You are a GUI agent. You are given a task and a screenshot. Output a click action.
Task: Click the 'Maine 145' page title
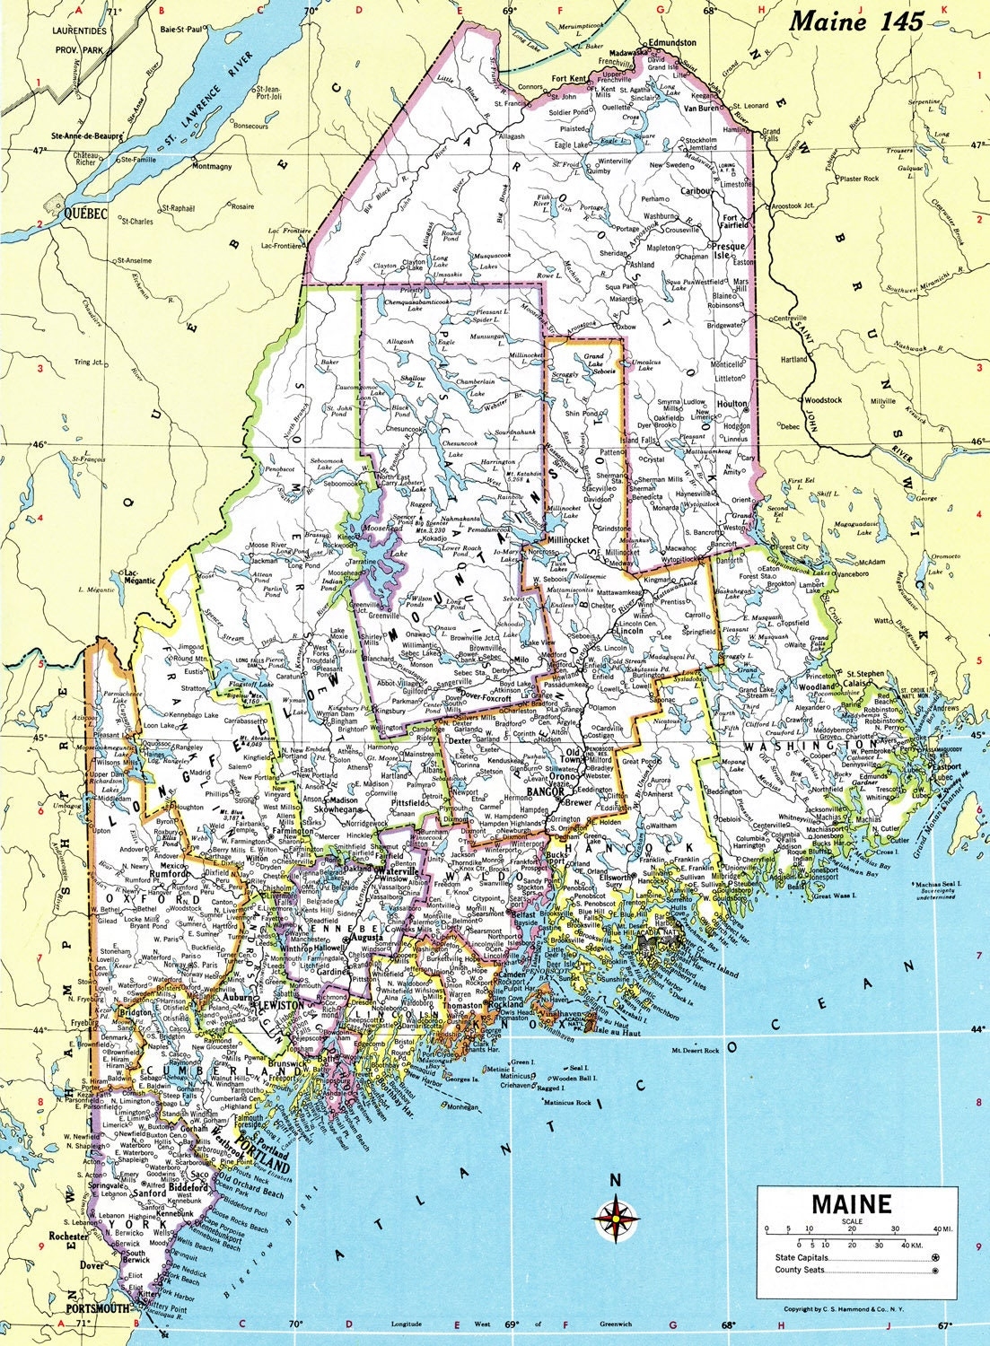click(x=855, y=22)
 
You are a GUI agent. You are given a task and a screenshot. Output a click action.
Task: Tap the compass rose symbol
click(x=616, y=1218)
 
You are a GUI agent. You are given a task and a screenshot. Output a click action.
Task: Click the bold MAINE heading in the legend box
click(x=852, y=1203)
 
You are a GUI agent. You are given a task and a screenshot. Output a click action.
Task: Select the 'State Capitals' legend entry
click(x=802, y=1259)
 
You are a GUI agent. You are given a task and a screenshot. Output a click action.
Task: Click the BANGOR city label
click(x=545, y=792)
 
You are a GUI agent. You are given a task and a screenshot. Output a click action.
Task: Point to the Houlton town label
click(x=732, y=404)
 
